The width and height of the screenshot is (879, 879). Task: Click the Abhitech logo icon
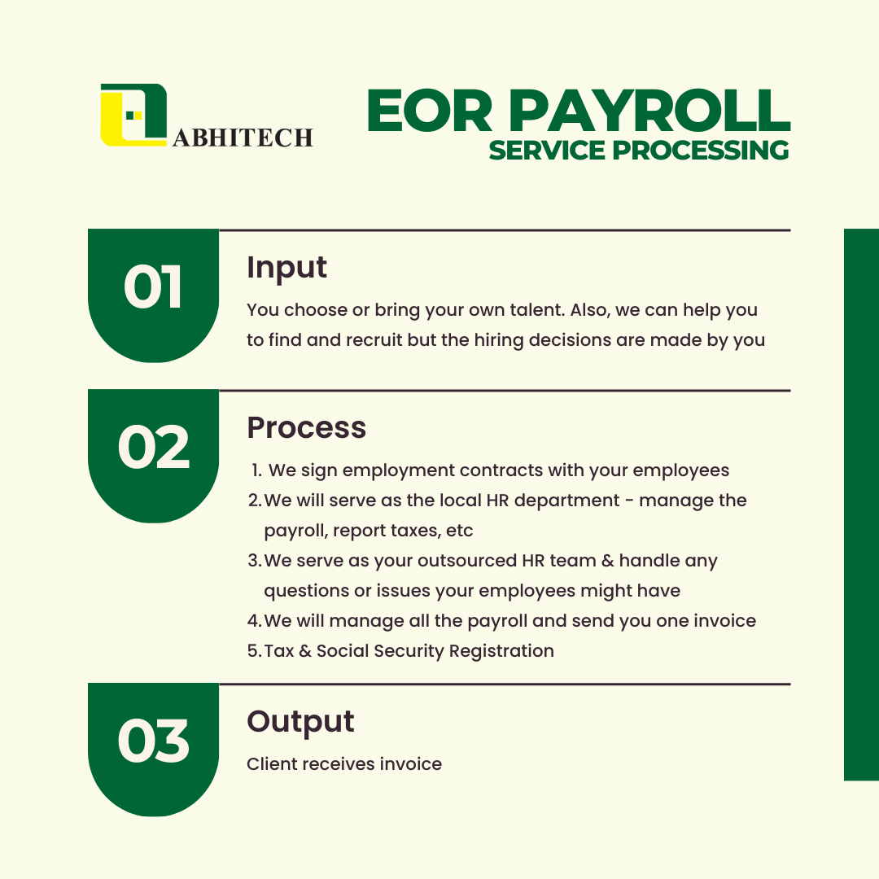click(x=133, y=115)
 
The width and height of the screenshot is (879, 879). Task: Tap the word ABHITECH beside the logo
click(x=243, y=138)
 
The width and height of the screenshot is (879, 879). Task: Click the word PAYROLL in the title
click(x=649, y=111)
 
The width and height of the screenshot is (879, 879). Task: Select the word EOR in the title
click(x=430, y=111)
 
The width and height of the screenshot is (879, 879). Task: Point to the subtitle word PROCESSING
click(x=700, y=151)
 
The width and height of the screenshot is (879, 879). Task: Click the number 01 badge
click(x=154, y=295)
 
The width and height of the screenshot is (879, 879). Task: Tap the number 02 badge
click(x=154, y=456)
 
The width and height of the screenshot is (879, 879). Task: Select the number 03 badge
click(x=154, y=750)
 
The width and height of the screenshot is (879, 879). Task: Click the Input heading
click(x=286, y=268)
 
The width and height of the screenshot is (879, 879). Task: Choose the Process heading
click(x=307, y=428)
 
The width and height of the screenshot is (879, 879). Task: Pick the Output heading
click(x=300, y=722)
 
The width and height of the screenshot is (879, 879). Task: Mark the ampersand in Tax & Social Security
click(x=305, y=651)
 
